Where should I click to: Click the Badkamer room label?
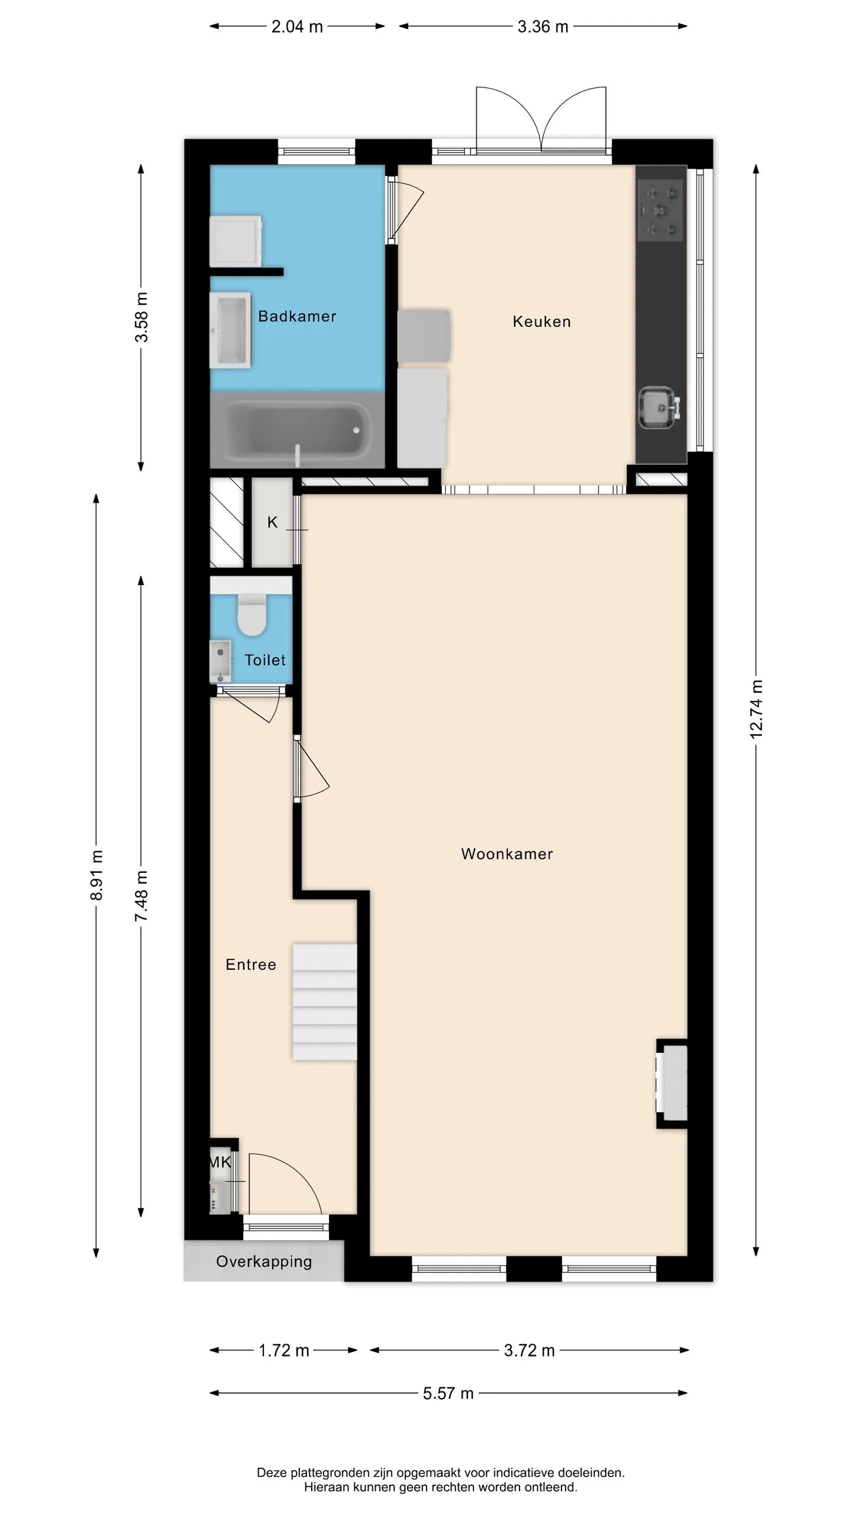(x=297, y=316)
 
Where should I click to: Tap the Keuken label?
(x=541, y=322)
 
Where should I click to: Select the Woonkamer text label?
(x=507, y=854)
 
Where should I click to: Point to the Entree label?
(x=251, y=965)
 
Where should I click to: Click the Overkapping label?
(x=264, y=1261)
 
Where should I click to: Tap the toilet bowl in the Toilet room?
(x=252, y=614)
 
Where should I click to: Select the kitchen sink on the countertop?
(x=659, y=407)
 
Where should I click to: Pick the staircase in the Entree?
(x=325, y=1002)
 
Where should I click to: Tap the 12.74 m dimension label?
(x=756, y=709)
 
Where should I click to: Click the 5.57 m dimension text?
(x=448, y=1393)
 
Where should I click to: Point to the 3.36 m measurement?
(x=543, y=27)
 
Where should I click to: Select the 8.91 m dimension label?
(x=96, y=875)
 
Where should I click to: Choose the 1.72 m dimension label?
(x=284, y=1351)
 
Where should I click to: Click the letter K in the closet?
(x=272, y=522)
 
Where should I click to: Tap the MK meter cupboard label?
(x=220, y=1163)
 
